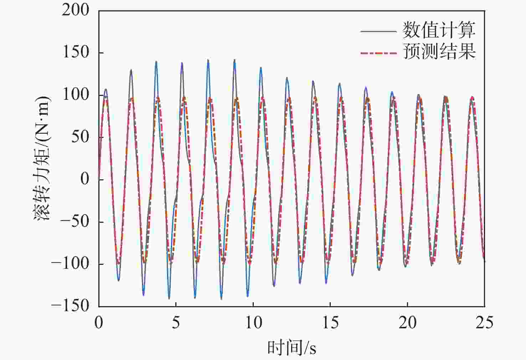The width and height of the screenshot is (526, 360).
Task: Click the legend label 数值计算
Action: (x=439, y=30)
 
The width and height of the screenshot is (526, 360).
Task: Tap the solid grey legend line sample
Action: (x=378, y=31)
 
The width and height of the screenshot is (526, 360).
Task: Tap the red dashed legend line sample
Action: (x=378, y=53)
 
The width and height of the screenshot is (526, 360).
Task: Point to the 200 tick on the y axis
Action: (x=76, y=10)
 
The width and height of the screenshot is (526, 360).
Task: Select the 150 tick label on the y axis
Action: (x=76, y=52)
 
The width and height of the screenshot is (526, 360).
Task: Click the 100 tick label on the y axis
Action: (x=76, y=95)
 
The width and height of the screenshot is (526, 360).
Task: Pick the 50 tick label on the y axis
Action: (x=80, y=137)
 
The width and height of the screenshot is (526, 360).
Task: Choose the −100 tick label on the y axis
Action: (x=70, y=264)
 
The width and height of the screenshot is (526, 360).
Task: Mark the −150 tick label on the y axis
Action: (x=70, y=306)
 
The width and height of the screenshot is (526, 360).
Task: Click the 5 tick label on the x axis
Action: (x=176, y=323)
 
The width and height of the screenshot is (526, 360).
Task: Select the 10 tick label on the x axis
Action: (x=253, y=323)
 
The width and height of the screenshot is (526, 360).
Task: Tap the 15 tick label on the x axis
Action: (x=330, y=323)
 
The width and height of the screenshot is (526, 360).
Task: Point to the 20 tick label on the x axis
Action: (x=407, y=323)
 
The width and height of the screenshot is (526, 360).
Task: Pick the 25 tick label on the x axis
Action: (x=484, y=323)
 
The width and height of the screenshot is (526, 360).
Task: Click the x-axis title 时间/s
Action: (x=292, y=348)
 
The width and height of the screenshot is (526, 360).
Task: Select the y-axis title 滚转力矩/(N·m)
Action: (x=42, y=158)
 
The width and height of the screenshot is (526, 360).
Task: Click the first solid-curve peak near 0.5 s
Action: (x=105, y=89)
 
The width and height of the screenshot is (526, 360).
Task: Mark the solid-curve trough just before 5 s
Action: (x=169, y=298)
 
